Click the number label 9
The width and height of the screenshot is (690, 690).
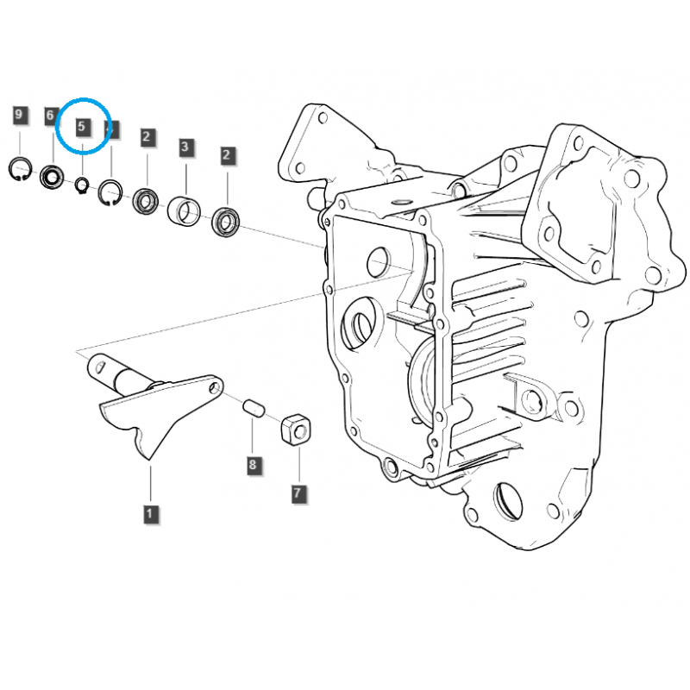[x=20, y=115]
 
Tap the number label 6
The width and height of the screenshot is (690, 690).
[x=50, y=116]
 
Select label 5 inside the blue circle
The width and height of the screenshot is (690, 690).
[x=82, y=127]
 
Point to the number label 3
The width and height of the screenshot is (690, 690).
[x=185, y=147]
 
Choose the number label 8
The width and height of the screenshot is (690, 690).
[x=253, y=465]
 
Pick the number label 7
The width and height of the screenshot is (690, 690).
[x=298, y=493]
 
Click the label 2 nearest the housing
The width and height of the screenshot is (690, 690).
[x=227, y=155]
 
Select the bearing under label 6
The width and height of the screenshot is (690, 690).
[x=52, y=178]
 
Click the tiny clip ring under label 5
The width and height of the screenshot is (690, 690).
[x=82, y=183]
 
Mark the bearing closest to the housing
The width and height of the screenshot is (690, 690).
[x=227, y=223]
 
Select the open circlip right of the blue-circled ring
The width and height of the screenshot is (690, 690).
[x=110, y=193]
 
